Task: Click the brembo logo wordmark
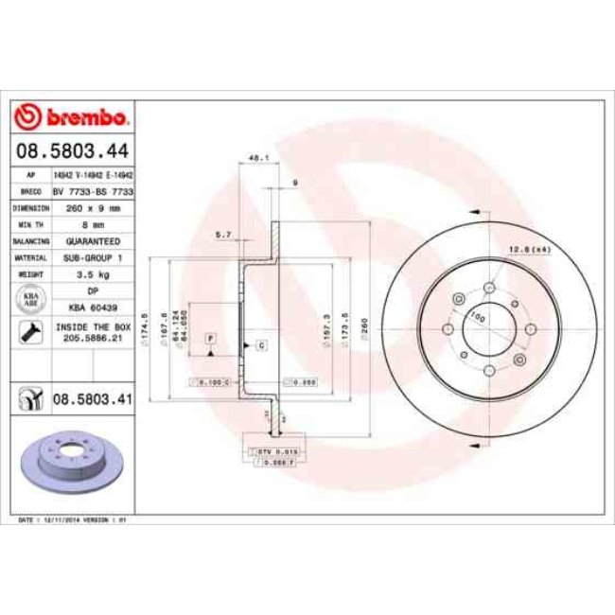[73, 117]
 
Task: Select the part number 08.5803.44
[72, 150]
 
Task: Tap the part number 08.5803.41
[91, 400]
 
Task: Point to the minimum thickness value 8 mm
[93, 224]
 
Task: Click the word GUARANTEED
[93, 241]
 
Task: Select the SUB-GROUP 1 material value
[93, 257]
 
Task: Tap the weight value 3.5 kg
[93, 273]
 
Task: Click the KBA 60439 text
[93, 307]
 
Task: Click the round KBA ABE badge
[29, 299]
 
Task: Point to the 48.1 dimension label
[253, 158]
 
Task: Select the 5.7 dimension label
[224, 233]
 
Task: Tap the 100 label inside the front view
[477, 317]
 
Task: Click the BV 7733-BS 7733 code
[93, 191]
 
